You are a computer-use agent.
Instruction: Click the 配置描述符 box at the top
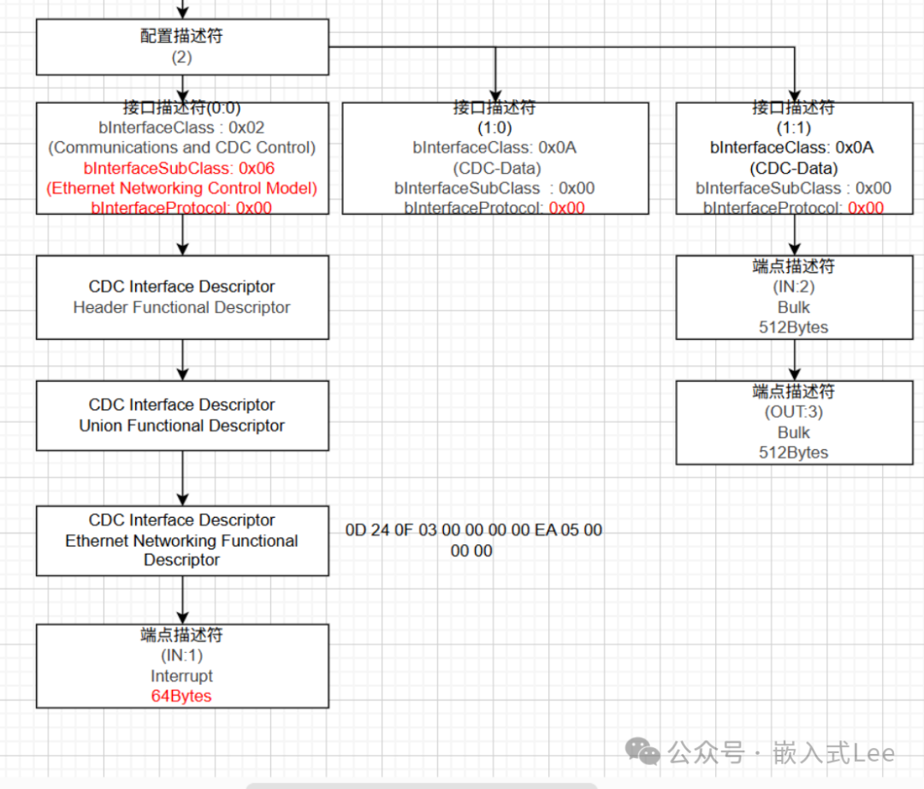pos(182,46)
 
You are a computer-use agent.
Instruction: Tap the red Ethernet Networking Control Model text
pos(182,188)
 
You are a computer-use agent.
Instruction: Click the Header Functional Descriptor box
pos(182,297)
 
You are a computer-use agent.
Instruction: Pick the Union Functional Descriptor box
pos(182,415)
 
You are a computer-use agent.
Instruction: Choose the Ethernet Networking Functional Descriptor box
pos(182,540)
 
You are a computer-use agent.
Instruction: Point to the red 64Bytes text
pos(181,696)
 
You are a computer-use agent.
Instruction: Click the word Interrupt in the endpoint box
pos(181,676)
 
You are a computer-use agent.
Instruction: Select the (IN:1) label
pos(181,656)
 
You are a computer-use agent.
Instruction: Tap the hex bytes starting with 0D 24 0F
pos(473,540)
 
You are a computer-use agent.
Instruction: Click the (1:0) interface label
pos(495,128)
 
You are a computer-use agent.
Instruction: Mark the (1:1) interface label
pos(794,128)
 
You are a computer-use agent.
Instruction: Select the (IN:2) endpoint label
pos(794,287)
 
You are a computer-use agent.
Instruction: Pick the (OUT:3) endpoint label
pos(794,412)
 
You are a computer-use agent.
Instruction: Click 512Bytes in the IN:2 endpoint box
pos(794,327)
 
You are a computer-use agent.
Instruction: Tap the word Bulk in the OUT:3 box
pos(794,432)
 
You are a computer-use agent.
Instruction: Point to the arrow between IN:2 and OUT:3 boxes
pos(795,359)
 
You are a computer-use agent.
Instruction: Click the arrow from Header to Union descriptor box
pos(182,359)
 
